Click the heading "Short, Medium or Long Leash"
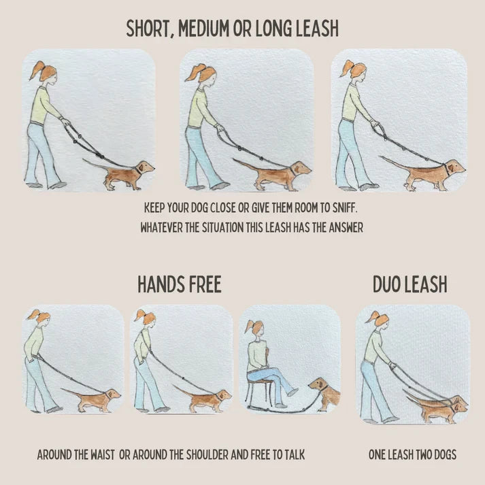[x=233, y=29]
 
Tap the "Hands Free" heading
[x=180, y=284]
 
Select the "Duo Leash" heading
[x=409, y=284]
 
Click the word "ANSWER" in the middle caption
[x=343, y=228]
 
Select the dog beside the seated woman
[x=327, y=395]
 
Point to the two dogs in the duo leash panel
[x=439, y=408]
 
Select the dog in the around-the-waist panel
[x=98, y=399]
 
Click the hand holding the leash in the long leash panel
[x=374, y=124]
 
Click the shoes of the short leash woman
[x=45, y=184]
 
